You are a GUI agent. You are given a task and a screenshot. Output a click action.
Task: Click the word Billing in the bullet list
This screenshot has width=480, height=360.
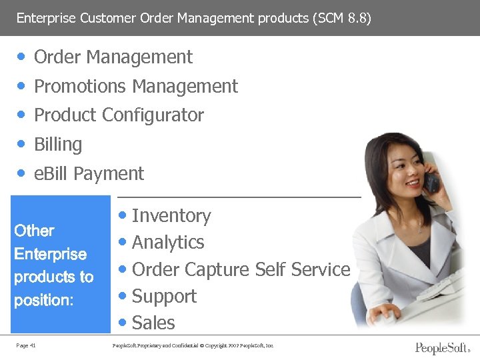tap(58, 144)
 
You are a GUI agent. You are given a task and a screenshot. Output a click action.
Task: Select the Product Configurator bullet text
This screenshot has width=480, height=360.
tap(119, 115)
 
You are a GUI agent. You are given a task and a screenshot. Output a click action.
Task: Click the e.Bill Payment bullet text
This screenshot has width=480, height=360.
tap(89, 173)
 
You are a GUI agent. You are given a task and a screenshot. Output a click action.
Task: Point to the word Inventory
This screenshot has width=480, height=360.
tap(171, 216)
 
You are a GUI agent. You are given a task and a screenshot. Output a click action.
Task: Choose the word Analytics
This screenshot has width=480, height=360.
tap(168, 243)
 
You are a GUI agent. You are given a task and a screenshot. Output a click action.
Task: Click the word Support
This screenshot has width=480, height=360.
tap(164, 296)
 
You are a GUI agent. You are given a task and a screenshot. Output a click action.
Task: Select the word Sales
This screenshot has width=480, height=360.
tap(153, 323)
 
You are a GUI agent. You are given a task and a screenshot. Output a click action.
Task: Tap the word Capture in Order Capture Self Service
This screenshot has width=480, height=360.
tap(209, 269)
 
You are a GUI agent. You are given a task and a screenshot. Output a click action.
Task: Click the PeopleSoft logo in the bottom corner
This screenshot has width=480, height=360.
tap(443, 347)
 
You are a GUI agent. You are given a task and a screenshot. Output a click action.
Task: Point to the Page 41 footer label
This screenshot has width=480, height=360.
tap(27, 345)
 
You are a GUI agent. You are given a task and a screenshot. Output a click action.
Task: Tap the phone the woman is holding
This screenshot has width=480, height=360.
tap(431, 180)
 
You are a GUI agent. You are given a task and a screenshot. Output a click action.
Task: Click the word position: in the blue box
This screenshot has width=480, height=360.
tap(43, 300)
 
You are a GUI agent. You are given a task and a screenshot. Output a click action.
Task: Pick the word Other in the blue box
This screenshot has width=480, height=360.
tap(34, 231)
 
